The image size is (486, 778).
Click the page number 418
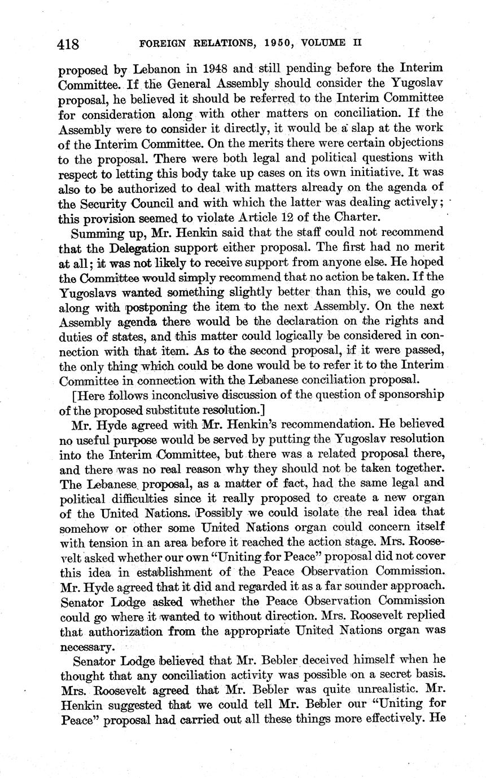(x=70, y=43)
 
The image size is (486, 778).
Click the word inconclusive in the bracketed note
(x=173, y=394)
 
